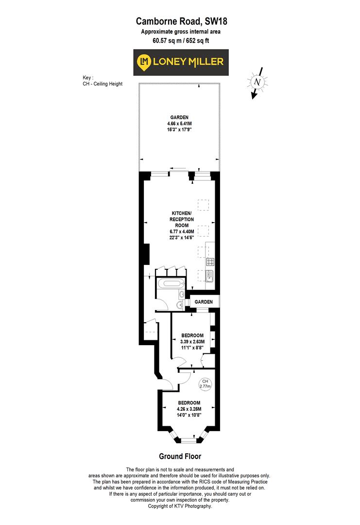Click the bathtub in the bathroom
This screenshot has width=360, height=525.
pos(170,284)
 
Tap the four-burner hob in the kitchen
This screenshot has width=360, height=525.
pos(210,262)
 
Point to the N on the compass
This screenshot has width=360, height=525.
pos(258,82)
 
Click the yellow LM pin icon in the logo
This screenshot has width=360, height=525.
pos(143,62)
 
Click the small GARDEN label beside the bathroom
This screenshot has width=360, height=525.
pos(204,302)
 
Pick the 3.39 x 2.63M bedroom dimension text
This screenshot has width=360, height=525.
pos(193,342)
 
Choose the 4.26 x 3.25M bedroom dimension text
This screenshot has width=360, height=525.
pos(189,409)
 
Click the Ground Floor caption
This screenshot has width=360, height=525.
pos(180,456)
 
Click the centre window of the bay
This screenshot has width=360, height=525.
pos(189,441)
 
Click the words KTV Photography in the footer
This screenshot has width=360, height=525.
pos(194,507)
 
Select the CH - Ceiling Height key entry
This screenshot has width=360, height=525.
pos(103,84)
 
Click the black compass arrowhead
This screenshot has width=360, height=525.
pos(253,96)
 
